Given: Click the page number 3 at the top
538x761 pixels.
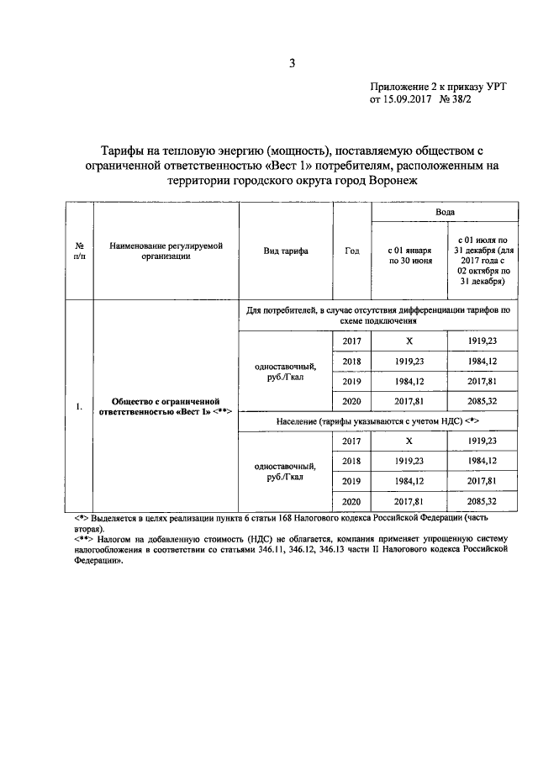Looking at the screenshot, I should pyautogui.click(x=292, y=62).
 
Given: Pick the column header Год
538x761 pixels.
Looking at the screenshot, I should pyautogui.click(x=351, y=251).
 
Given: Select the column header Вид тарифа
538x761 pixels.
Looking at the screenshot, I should pyautogui.click(x=285, y=251).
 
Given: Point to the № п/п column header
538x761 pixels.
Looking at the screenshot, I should pyautogui.click(x=79, y=251).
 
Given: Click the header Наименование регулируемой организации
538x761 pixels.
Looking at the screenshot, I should pyautogui.click(x=166, y=251).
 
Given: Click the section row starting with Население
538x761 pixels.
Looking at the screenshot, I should pyautogui.click(x=378, y=419).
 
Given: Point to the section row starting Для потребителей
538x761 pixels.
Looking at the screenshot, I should pyautogui.click(x=378, y=315).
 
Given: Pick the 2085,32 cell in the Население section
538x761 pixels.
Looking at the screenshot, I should pyautogui.click(x=483, y=500).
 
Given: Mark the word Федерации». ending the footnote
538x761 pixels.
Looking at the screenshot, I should pyautogui.click(x=98, y=567).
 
